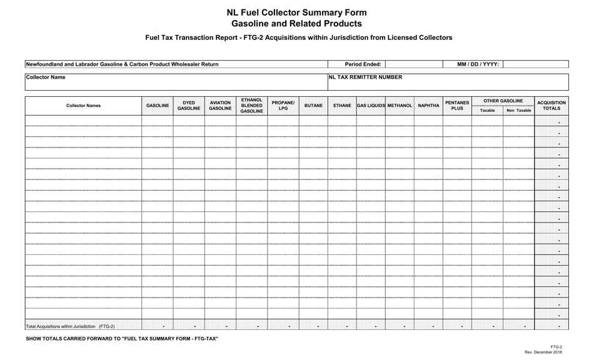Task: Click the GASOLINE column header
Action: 158,106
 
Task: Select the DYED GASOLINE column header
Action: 189,106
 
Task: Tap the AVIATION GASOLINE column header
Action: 220,106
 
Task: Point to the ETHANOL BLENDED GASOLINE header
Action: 251,106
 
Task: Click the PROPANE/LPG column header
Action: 283,106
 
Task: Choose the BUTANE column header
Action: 313,106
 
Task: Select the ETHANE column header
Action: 342,106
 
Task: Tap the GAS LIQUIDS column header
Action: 371,106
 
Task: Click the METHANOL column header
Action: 400,106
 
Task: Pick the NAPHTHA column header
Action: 428,106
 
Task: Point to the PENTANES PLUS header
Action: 457,106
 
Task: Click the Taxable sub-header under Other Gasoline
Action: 487,111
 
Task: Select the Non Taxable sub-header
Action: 519,111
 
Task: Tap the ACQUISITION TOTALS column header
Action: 551,106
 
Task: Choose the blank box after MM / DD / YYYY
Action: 535,64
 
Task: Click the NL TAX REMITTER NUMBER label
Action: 365,77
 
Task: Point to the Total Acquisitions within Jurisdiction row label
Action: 70,326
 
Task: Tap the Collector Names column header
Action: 83,106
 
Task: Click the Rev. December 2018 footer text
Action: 543,352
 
